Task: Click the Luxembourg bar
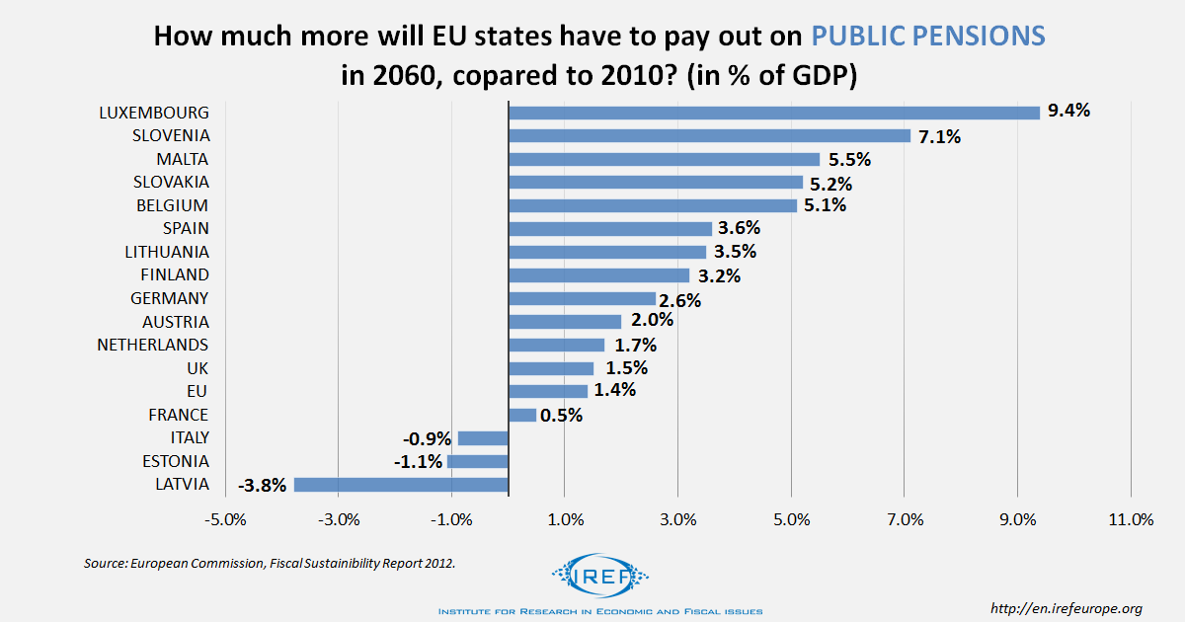(774, 113)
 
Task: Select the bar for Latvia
(401, 485)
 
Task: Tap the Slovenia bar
(709, 135)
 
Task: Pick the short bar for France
(522, 415)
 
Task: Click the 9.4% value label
(1068, 111)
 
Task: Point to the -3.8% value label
(263, 485)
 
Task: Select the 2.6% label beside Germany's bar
(680, 300)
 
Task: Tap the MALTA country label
(183, 159)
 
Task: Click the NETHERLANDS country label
(153, 345)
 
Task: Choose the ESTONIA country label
(176, 461)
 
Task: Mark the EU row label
(197, 391)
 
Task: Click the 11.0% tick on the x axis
(1131, 520)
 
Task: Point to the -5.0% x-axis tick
(224, 520)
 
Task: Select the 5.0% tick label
(791, 520)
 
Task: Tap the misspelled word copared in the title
(521, 75)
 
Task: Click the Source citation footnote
(270, 563)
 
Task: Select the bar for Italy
(483, 438)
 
